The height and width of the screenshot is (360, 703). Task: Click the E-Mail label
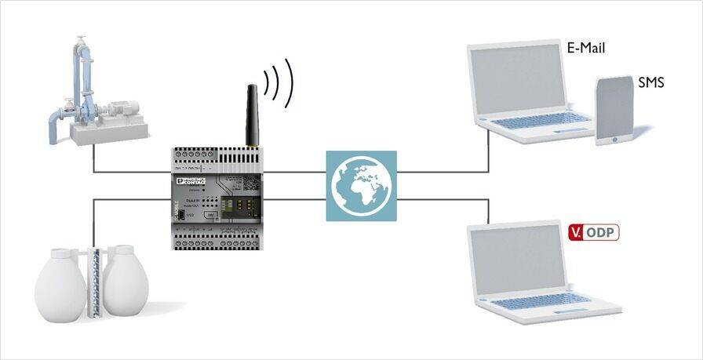586,48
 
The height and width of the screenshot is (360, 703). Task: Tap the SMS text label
651,82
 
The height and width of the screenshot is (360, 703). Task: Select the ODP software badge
592,232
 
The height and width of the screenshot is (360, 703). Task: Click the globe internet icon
361,186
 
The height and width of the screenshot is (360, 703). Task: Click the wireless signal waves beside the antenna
279,82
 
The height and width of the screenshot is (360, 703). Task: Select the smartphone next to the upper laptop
614,111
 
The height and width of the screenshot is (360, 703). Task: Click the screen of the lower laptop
515,264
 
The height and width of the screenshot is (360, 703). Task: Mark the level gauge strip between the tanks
93,282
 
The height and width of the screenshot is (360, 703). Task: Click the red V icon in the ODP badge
575,232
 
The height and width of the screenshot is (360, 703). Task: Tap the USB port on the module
180,213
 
